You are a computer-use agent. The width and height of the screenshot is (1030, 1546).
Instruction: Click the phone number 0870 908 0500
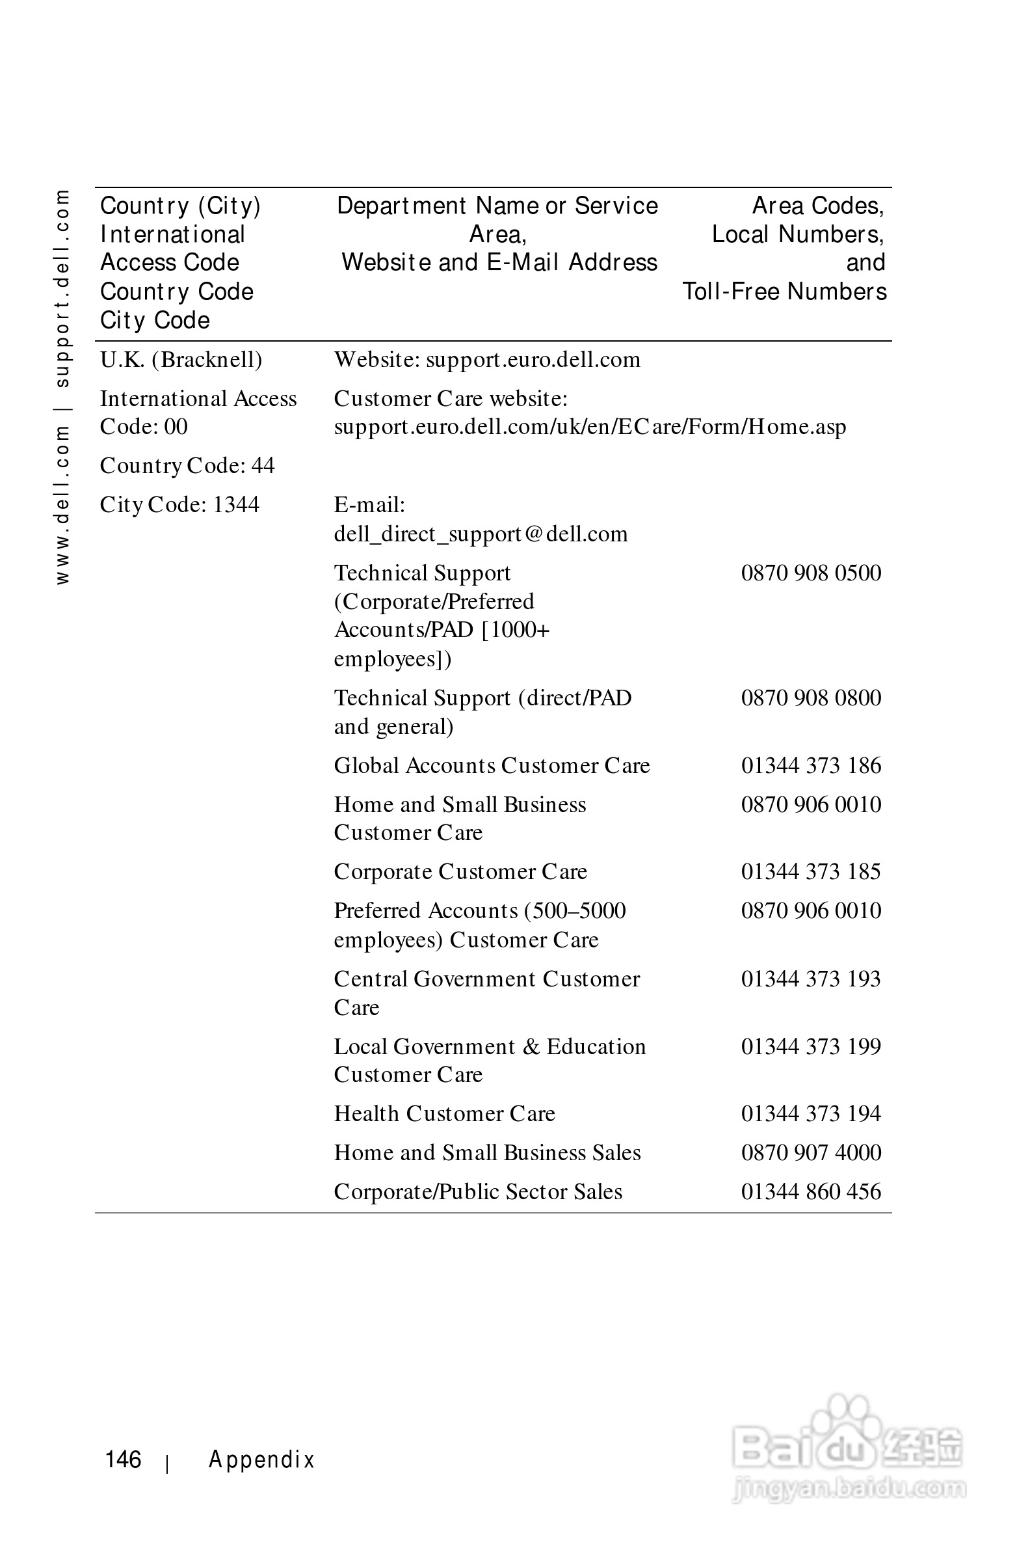pos(811,573)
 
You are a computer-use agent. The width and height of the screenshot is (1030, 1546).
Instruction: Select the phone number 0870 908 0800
pos(811,698)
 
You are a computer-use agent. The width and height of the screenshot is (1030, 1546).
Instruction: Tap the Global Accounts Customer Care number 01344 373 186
pos(811,765)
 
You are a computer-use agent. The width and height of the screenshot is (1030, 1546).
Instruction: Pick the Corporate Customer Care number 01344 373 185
pos(811,871)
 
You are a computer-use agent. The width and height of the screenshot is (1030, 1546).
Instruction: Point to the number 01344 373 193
pos(811,979)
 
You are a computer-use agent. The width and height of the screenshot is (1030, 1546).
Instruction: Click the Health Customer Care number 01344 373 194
pos(811,1113)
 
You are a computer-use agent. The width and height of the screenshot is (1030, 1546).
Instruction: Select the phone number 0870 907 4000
pos(811,1152)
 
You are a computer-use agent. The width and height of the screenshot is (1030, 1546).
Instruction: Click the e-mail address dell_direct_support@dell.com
pos(480,534)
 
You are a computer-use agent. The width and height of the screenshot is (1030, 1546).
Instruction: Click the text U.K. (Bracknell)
pos(181,360)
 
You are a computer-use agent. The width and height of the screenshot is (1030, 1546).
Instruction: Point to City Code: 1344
pos(179,505)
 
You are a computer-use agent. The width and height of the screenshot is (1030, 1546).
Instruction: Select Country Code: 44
pos(187,465)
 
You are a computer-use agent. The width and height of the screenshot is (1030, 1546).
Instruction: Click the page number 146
pos(123,1459)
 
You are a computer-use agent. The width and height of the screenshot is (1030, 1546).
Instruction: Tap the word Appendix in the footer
pos(261,1459)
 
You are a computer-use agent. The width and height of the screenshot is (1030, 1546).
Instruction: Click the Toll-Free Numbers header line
pos(784,292)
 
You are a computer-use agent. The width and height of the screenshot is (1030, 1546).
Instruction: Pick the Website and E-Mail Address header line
pos(499,262)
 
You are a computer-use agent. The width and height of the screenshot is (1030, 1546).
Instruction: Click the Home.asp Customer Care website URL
pos(589,427)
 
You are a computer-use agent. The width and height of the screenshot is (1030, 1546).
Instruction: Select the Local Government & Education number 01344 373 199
pos(811,1046)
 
